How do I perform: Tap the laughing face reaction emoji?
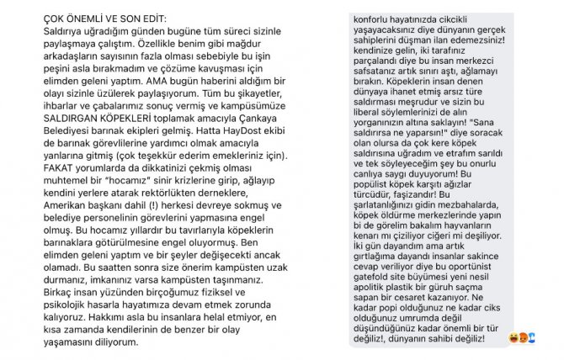tap(513, 339)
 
